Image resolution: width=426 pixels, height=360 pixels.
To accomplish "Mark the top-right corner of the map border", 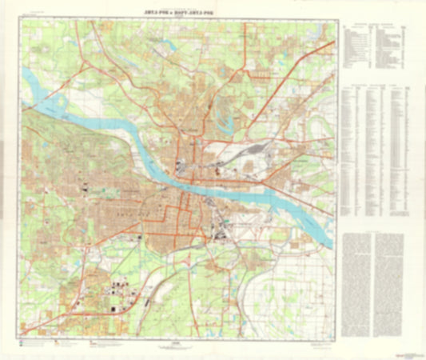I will click(x=333, y=20).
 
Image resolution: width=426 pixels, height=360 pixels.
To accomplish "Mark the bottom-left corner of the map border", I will click(x=22, y=334).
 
